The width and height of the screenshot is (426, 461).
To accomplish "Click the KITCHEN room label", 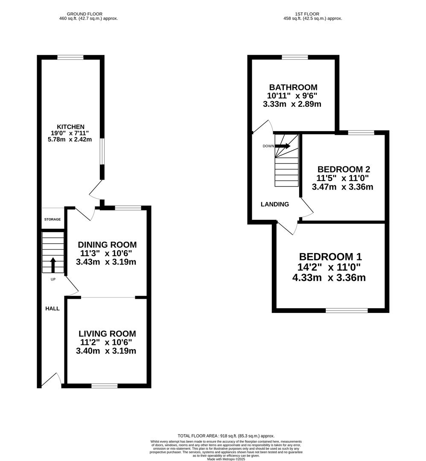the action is click(x=70, y=127).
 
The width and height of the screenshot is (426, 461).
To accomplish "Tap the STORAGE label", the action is click(x=53, y=219).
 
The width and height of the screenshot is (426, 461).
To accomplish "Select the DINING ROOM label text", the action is click(x=107, y=245).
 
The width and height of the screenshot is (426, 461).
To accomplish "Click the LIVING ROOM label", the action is click(x=107, y=334).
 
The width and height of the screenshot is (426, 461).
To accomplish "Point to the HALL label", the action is click(x=53, y=309).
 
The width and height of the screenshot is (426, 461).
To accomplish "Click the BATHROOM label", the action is click(x=293, y=88).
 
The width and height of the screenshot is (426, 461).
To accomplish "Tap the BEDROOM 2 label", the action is click(x=344, y=169).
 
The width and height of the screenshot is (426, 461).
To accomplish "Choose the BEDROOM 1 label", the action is click(x=330, y=257).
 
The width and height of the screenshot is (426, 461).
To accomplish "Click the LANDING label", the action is click(x=275, y=204).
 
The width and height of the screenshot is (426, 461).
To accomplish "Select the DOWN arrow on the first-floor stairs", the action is click(x=283, y=146).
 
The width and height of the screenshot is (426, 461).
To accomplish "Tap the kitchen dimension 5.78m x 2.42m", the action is click(x=70, y=139).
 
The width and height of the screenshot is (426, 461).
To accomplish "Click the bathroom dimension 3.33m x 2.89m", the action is click(x=292, y=104).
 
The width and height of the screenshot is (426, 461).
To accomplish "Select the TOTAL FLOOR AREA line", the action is click(x=226, y=436).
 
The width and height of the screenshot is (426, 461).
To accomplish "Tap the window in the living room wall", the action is click(x=105, y=386).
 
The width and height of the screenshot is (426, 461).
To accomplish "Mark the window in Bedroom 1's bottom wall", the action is click(x=347, y=310).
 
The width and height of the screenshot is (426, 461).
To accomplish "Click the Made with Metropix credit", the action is click(x=226, y=458).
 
